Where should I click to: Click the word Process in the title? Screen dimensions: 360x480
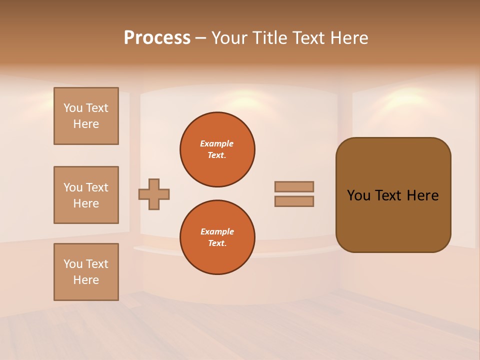coord(157,38)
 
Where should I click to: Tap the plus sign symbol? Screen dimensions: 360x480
coord(154,194)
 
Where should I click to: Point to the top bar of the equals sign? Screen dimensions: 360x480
coord(294,186)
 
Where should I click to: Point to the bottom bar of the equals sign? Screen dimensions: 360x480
coord(294,201)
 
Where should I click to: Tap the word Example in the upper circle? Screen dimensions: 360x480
coord(217,143)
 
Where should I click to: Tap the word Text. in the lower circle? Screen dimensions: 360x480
coord(217,243)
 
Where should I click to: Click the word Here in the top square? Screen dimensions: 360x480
coord(86,124)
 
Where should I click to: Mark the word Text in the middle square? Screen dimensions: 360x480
coord(97,187)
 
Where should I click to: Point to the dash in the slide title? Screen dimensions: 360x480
coord(200,38)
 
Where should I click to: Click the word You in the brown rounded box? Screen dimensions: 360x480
coord(358,195)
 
